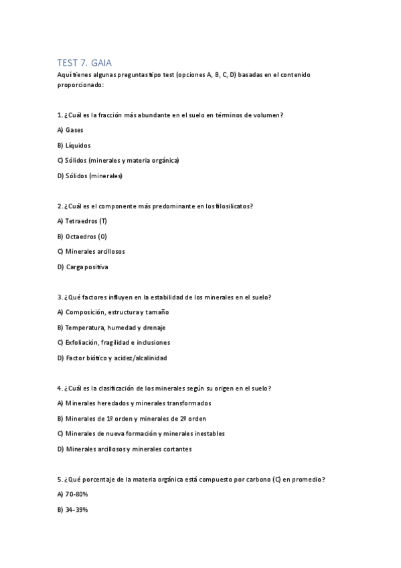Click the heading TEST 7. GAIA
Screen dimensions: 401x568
tap(88, 62)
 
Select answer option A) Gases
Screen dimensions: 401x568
tap(70, 130)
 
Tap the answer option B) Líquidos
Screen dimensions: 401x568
tap(74, 145)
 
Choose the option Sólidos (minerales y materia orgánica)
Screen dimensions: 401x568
tap(118, 161)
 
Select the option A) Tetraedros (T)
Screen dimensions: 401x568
tap(82, 221)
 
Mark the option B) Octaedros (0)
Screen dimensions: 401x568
tap(82, 236)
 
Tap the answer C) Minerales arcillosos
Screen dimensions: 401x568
tap(91, 252)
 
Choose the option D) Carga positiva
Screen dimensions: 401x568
tap(82, 267)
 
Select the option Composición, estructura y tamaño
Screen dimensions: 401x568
tap(113, 312)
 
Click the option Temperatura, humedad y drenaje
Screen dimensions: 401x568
tap(111, 328)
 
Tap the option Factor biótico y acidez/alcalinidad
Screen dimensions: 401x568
tap(112, 358)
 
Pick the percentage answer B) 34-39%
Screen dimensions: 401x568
tap(73, 510)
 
